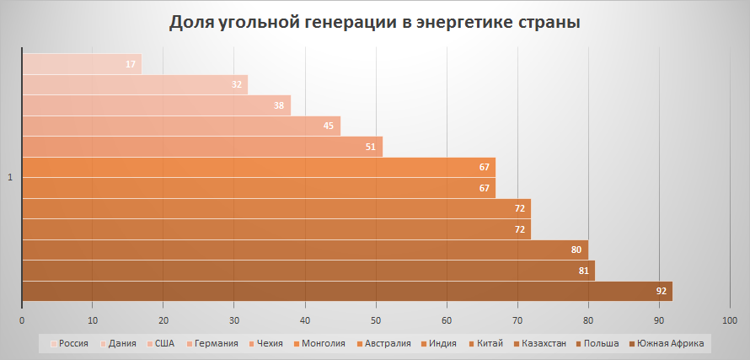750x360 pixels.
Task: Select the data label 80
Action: [577, 250]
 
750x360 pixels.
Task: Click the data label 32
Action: [237, 85]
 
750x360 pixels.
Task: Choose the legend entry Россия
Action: [74, 343]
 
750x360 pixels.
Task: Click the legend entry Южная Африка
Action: [670, 343]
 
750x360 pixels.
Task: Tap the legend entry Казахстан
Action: [543, 343]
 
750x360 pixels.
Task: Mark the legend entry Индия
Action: [442, 343]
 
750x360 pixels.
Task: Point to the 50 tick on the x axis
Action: [376, 320]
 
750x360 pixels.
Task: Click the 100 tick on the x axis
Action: [730, 320]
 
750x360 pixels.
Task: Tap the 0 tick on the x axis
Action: [22, 320]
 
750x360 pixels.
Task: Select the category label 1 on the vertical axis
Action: [10, 177]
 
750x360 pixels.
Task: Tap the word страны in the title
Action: [549, 22]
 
